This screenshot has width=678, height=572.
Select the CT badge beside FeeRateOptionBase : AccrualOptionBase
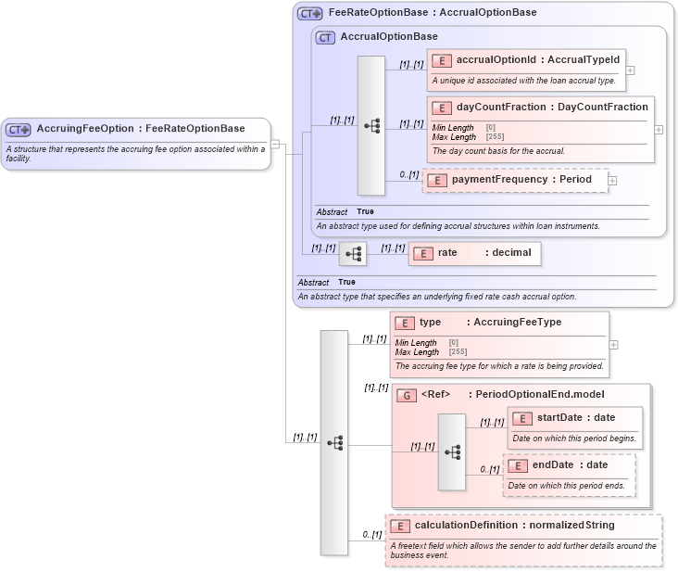309,13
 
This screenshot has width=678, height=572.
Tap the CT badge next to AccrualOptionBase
325,37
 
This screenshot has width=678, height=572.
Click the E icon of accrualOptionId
442,60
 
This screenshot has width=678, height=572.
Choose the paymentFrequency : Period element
521,180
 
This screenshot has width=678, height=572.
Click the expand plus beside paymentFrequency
612,180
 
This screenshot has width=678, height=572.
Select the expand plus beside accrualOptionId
630,70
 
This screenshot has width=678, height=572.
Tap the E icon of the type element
404,323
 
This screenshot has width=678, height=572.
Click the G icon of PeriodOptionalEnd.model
406,395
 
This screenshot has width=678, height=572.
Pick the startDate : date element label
575,418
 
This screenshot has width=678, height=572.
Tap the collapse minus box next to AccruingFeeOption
275,144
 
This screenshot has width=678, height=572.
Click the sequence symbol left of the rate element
353,253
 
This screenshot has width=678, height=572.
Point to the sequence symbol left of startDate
452,451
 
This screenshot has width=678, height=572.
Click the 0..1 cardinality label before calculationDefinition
371,534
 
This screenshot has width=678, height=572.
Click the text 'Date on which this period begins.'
572,439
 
